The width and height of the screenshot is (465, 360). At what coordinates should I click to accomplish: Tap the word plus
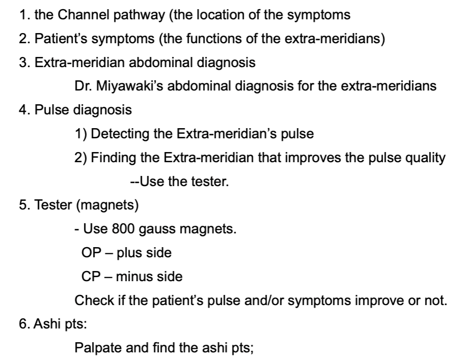127,253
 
